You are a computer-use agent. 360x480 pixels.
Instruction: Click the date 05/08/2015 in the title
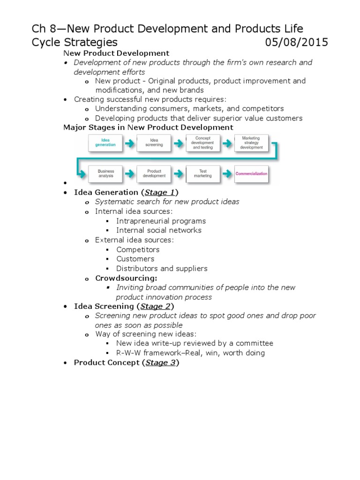(296, 43)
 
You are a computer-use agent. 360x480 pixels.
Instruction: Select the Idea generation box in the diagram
(105, 142)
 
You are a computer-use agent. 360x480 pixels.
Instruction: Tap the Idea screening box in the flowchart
(154, 142)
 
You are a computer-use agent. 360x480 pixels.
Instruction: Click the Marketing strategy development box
(252, 142)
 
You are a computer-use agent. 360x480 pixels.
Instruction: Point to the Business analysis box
(105, 173)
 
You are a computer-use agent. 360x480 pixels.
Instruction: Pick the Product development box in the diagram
(154, 173)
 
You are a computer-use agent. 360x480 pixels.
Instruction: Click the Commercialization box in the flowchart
(252, 173)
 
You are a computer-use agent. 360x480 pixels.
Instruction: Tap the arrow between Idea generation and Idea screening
(129, 142)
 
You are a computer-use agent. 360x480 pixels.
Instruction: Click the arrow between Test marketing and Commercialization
(227, 174)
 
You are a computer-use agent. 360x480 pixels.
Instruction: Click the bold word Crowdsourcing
(126, 278)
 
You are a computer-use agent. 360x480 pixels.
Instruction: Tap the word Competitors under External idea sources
(138, 249)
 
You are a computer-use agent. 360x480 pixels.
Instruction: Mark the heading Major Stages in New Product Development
(148, 127)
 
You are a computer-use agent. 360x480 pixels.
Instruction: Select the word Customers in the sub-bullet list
(135, 259)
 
